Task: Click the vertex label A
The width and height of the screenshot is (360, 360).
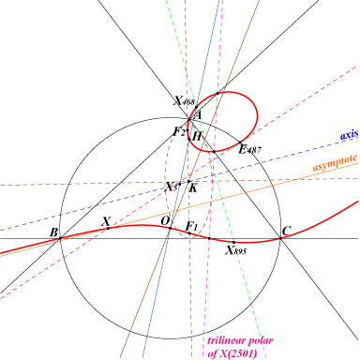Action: [198, 115]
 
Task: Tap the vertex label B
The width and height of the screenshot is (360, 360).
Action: [53, 232]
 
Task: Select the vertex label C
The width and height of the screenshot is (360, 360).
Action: [286, 232]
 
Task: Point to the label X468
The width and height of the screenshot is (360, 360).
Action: [185, 100]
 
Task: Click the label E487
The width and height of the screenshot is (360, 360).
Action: [249, 150]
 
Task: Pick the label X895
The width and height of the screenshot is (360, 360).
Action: [236, 250]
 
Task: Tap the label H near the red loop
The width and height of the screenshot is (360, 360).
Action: [197, 136]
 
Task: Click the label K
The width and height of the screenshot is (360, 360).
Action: [193, 187]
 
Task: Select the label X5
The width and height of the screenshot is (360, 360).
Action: [171, 187]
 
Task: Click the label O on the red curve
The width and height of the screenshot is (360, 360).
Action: [165, 221]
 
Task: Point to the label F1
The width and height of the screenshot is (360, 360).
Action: [191, 226]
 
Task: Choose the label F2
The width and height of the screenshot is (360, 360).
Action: [179, 132]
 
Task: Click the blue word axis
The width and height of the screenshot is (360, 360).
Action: [349, 135]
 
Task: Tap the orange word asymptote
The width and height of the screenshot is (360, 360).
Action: [335, 163]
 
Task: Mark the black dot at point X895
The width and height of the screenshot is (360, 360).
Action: [233, 242]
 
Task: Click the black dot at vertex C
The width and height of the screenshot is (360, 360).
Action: [280, 238]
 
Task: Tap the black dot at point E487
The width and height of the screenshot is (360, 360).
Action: [240, 142]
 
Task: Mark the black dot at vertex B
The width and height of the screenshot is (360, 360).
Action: [60, 238]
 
